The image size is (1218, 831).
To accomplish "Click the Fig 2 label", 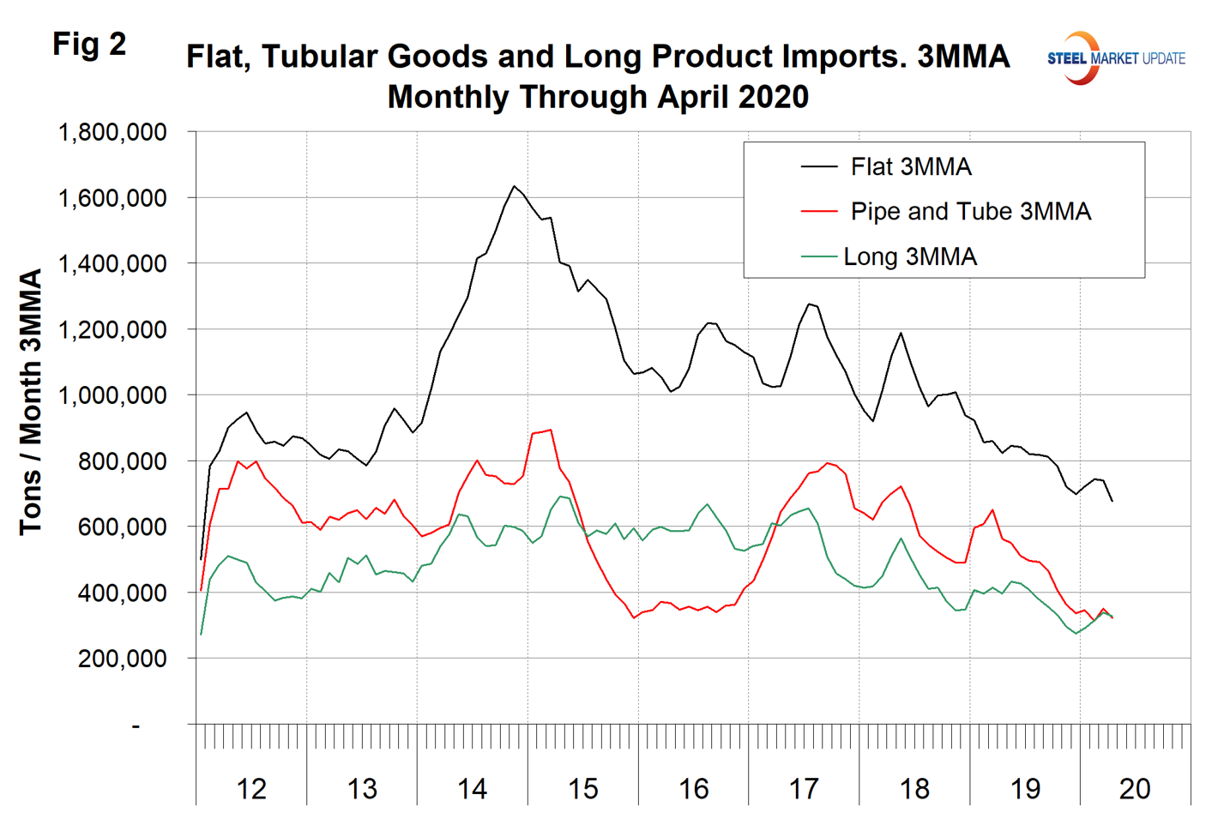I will point(89,44).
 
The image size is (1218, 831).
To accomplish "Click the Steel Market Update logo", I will point(1115,58).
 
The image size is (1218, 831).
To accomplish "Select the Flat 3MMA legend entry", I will point(910,166).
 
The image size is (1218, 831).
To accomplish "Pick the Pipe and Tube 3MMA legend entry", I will point(970,211).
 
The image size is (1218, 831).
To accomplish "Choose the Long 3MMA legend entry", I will point(909,256).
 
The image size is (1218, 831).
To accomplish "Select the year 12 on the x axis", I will point(251,789).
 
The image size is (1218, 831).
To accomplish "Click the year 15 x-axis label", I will point(583,789).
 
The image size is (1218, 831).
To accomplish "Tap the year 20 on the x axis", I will point(1135,789).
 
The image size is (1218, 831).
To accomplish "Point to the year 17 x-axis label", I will point(804,789).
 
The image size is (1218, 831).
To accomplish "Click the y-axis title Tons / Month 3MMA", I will point(31,402).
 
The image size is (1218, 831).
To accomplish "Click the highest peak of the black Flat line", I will point(514,186).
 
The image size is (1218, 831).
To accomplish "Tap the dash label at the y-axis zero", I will point(136,726).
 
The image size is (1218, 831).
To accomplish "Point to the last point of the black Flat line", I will point(1112,501).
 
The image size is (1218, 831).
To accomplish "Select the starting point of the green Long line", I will point(201,635).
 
